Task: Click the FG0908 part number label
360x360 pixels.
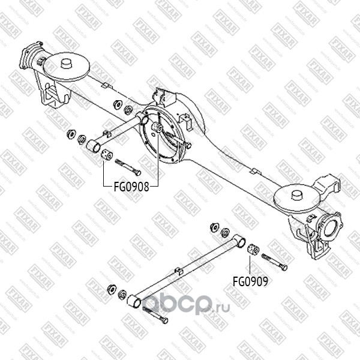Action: pos(131,185)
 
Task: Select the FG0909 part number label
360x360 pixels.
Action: pos(251,280)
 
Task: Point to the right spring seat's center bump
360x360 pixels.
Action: pos(296,194)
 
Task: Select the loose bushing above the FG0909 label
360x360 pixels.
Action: pos(253,248)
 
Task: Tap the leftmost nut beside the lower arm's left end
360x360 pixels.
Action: pos(111,289)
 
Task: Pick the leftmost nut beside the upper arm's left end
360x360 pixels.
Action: pos(70,133)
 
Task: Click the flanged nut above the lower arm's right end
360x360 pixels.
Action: pos(214,227)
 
